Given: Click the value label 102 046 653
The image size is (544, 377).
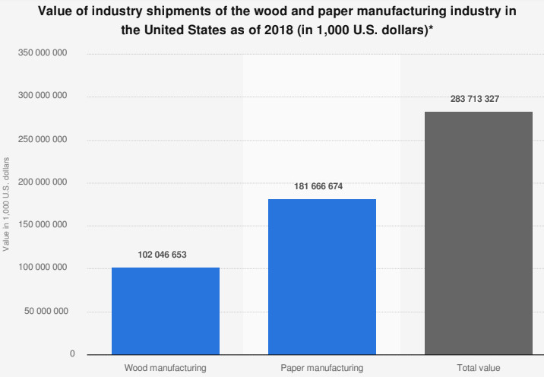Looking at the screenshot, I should click(x=166, y=255).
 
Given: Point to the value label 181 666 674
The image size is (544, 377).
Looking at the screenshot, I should click(x=322, y=186).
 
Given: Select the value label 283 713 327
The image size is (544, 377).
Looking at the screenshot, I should click(x=479, y=99).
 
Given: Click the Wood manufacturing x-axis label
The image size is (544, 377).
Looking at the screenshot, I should click(x=166, y=368).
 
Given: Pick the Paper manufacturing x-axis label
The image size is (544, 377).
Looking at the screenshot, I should click(x=322, y=368).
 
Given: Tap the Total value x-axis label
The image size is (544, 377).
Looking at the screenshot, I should click(x=479, y=368).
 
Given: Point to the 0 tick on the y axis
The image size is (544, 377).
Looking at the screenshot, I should click(x=73, y=354).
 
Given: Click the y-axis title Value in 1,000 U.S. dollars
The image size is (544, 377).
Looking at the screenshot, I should click(x=6, y=204).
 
